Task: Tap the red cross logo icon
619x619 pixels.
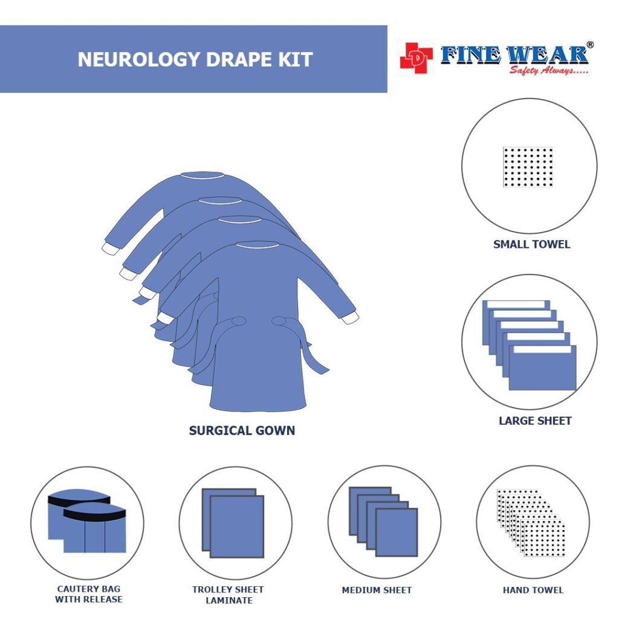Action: [x=416, y=58]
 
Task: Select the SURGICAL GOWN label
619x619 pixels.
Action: [x=242, y=430]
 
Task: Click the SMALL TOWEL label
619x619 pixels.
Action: [x=531, y=244]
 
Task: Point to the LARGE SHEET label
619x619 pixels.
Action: [x=535, y=421]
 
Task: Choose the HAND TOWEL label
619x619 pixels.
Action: [x=533, y=590]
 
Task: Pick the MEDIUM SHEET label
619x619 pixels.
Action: [x=377, y=590]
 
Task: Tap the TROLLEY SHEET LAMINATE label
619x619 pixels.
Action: [x=228, y=595]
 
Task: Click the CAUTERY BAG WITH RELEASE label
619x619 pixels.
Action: [x=89, y=594]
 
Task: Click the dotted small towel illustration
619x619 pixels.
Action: [x=528, y=167]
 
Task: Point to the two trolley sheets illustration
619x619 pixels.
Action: [x=233, y=522]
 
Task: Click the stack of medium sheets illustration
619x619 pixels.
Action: [x=383, y=521]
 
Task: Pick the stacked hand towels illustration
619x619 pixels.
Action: [x=531, y=522]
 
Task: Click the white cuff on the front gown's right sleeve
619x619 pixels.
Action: [x=349, y=317]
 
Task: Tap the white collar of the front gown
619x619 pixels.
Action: [x=258, y=245]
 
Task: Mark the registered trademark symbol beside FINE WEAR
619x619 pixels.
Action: [x=590, y=45]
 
